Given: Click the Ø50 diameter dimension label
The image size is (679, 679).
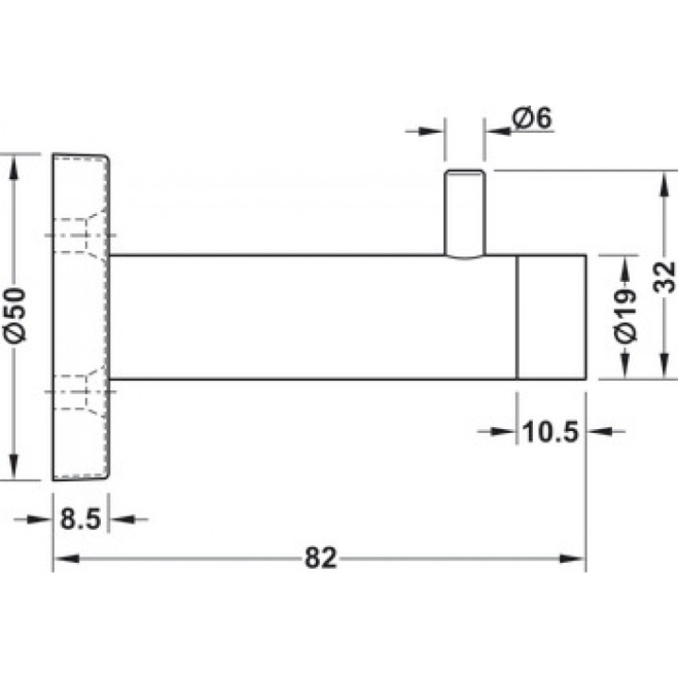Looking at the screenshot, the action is pos(16,315).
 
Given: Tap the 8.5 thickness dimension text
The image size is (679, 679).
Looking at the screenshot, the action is pos(80,519).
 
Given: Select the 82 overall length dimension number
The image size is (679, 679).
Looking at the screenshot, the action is pos(321,558).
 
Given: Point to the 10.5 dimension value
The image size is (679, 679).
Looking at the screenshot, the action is pos(551,432).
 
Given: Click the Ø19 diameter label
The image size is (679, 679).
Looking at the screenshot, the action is pos(626,316).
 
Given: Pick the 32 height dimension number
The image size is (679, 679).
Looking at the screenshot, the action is pos(665,277).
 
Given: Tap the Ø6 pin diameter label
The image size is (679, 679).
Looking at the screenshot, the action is pos(532,117).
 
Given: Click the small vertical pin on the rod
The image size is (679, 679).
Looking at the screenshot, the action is pos(465,214).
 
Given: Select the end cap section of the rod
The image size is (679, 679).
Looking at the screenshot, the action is pos(552,318).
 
